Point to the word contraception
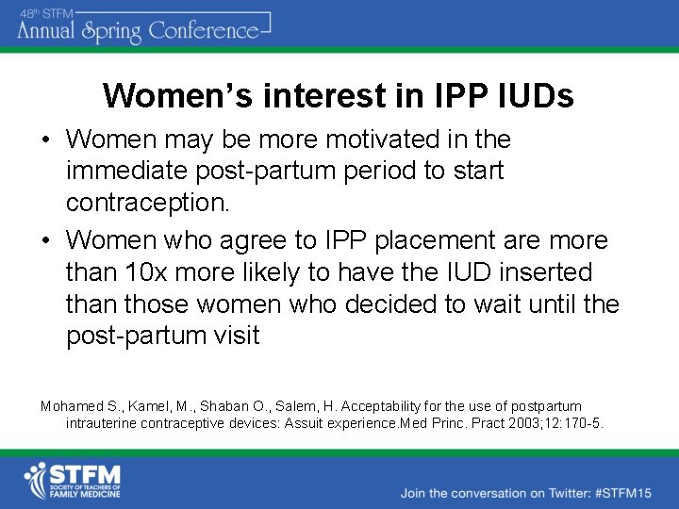(x=147, y=203)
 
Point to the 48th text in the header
(x=30, y=11)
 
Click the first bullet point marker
(x=45, y=140)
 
